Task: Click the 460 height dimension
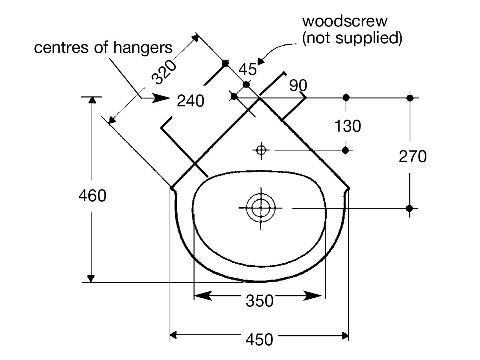click(92, 196)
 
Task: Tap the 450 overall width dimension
click(259, 339)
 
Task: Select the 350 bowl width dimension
click(259, 300)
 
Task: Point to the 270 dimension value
click(413, 157)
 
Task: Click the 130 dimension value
click(348, 126)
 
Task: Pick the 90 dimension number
click(298, 85)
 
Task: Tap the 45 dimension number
click(247, 70)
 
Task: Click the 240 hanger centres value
click(191, 101)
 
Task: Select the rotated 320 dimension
click(164, 72)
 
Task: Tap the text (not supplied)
click(352, 38)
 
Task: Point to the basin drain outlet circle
click(261, 208)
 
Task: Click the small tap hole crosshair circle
click(261, 150)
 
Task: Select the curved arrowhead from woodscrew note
click(261, 61)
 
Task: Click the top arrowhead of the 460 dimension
click(92, 100)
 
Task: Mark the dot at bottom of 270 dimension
click(409, 208)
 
